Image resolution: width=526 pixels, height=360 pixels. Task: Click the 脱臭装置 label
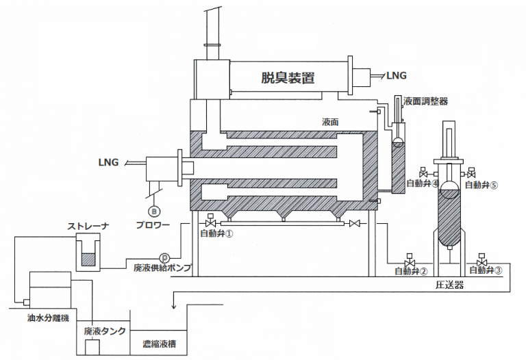pos(288,77)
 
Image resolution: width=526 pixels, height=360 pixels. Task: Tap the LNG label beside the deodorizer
pos(397,74)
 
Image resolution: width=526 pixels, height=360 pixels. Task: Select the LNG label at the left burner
pos(108,163)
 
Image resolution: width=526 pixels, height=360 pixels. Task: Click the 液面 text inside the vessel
pos(331,121)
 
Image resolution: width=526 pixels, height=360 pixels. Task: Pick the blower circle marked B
pos(154,211)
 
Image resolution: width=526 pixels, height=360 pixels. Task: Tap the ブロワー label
pos(152,224)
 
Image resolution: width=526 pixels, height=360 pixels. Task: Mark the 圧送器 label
pos(450,285)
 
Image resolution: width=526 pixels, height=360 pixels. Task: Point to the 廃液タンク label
pos(104,331)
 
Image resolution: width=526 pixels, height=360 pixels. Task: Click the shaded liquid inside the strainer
pos(89,260)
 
